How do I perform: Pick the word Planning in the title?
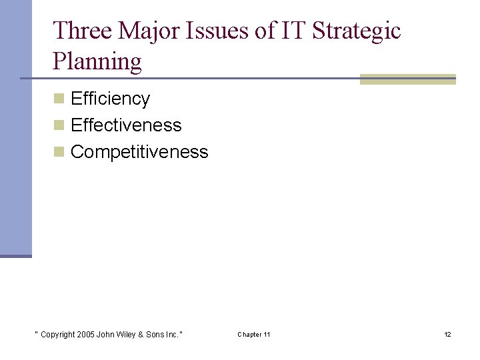point(97,61)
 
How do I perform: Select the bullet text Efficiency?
point(110,99)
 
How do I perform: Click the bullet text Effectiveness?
point(126,125)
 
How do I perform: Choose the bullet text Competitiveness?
point(139,152)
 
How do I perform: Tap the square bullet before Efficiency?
point(59,99)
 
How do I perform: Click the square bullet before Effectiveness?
point(59,125)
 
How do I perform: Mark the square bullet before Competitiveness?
point(59,152)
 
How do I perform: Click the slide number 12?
point(448,334)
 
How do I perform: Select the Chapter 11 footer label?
point(254,334)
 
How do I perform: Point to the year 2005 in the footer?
point(85,334)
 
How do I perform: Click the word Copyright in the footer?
point(57,334)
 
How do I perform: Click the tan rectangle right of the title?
point(408,79)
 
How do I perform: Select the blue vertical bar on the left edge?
point(15,127)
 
